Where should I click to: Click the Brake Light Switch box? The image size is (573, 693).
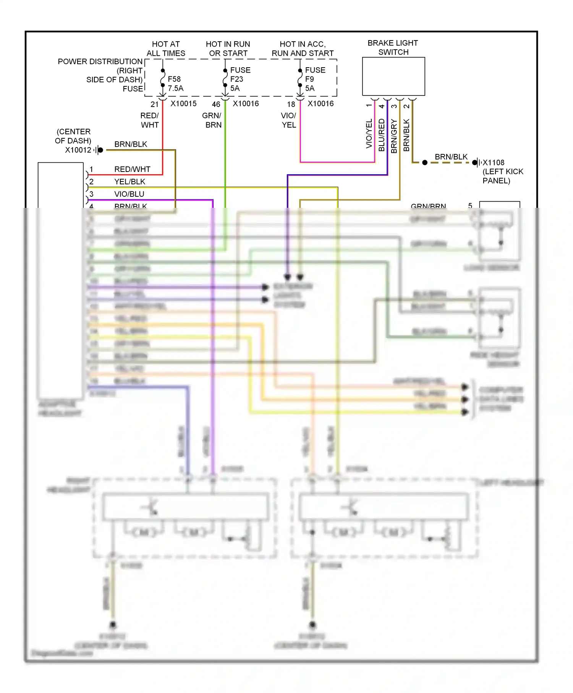pos(393,76)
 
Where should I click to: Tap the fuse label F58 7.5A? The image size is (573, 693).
pos(175,84)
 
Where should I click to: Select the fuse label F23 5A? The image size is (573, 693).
pos(236,84)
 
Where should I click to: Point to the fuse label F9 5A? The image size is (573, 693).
pos(309,84)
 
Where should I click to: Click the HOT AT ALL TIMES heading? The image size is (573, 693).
pos(166,49)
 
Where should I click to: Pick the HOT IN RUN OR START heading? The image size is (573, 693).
pos(228,49)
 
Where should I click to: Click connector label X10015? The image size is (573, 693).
pos(183,104)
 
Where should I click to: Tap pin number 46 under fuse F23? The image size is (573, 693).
pos(216,104)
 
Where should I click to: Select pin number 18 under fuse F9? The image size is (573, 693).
pos(291,104)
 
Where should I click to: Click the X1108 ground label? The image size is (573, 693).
pos(493,162)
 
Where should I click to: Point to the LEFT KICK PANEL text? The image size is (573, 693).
pos(502,176)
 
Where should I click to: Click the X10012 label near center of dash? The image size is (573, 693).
pos(78,150)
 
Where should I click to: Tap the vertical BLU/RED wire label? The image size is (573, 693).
pos(381,135)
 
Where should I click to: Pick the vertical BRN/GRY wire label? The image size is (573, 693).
pos(394,136)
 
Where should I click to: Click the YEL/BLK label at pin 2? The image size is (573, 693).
pos(129,181)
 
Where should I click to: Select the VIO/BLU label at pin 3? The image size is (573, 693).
pos(129,194)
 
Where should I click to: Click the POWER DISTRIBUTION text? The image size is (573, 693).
pos(100,62)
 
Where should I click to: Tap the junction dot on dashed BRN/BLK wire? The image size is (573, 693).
pos(424,163)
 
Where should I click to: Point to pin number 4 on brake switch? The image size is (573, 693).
pos(381,106)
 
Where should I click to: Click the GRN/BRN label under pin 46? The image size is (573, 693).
pos(212,120)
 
